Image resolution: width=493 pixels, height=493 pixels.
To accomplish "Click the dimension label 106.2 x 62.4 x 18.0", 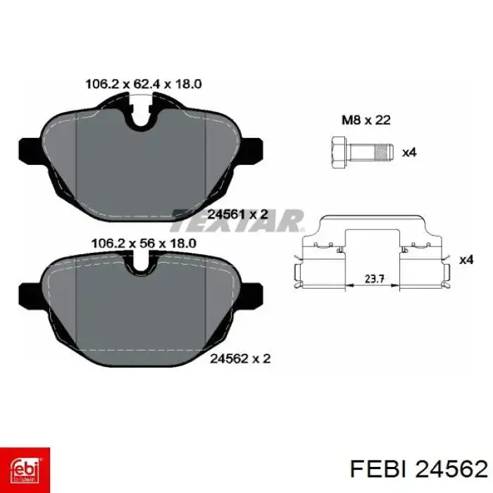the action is (x=144, y=85).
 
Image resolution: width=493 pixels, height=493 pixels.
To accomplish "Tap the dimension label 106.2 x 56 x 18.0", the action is (x=144, y=244).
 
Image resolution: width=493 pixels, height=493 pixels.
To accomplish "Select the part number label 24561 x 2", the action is (x=238, y=215).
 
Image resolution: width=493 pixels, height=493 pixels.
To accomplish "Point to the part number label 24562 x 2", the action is (x=240, y=358).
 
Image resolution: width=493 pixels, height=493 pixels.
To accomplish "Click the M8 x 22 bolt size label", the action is (x=366, y=120).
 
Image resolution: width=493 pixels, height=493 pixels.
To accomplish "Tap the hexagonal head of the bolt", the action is (x=339, y=153).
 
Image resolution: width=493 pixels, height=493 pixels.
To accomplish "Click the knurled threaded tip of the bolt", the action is (x=383, y=153).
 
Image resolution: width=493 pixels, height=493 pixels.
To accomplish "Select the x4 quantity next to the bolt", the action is (x=409, y=153).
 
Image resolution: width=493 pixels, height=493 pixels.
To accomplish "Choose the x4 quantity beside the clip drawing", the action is (x=466, y=260).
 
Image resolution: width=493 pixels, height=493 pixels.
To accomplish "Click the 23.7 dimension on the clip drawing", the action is (x=375, y=279).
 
